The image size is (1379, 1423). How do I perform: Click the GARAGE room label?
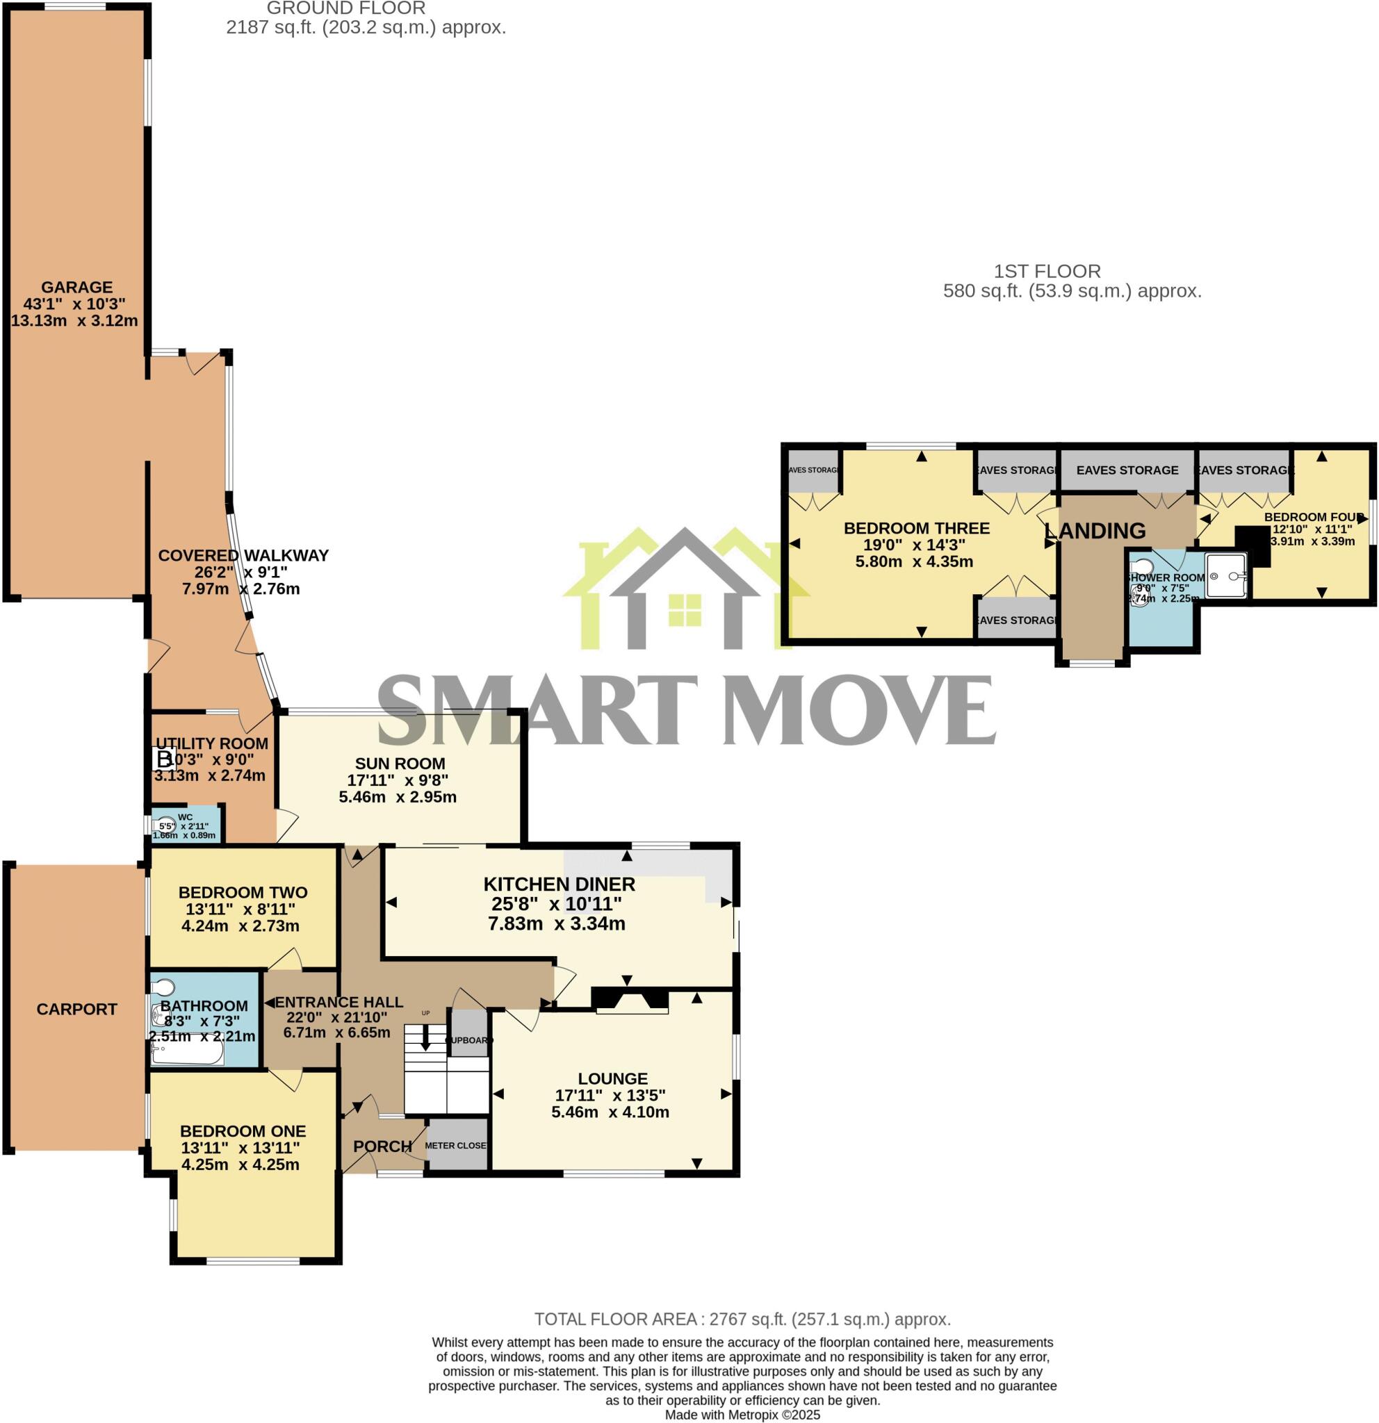click(76, 287)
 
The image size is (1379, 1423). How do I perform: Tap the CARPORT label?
click(76, 1009)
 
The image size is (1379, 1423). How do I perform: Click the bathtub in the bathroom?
click(188, 1053)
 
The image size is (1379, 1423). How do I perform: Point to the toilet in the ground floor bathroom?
click(164, 987)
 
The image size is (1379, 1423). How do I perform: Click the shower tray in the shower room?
click(1226, 577)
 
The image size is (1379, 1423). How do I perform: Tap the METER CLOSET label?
click(456, 1146)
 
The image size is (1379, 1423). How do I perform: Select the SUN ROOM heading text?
click(400, 764)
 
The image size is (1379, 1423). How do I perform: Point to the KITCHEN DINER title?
click(559, 885)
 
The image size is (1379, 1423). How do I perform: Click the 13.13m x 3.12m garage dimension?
click(75, 320)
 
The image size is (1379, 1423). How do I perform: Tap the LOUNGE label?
click(613, 1079)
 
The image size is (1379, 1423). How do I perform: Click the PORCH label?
click(383, 1146)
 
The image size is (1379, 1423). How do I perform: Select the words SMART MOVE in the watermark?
click(686, 710)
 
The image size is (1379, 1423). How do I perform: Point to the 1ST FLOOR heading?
click(1047, 272)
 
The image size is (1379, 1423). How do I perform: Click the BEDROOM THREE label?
click(916, 529)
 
